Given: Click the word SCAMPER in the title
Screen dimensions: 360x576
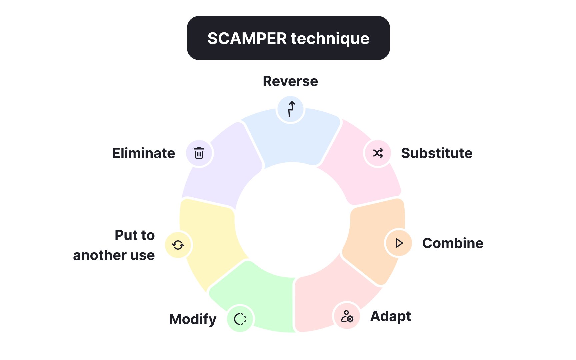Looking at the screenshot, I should pos(247,38).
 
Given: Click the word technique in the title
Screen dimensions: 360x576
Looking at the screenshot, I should pos(330,39).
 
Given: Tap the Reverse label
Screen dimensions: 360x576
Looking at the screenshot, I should pos(290,81).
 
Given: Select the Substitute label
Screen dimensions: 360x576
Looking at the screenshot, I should pos(437,153).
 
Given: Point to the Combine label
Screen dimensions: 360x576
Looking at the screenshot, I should pos(453,243).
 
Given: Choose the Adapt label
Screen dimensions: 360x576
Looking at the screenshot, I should pos(391,316).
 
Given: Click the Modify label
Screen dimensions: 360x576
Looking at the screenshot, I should pos(193,319).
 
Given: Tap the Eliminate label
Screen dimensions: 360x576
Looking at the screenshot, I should pos(143,153).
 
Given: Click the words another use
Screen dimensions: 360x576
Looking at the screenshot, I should pos(114,255).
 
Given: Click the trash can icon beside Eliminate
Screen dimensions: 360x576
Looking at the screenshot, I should pos(199,153).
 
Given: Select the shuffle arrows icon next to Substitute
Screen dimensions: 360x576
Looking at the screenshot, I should pos(378,153).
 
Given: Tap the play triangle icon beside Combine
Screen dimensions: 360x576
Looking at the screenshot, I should pos(399,243).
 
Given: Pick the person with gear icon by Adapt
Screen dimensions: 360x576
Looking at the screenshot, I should pos(347,316).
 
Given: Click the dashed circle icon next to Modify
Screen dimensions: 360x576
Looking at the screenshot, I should pos(240,319).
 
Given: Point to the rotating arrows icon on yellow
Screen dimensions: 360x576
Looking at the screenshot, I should pos(178,245).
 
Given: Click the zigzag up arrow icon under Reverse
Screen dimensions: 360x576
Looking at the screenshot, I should pos(291,109).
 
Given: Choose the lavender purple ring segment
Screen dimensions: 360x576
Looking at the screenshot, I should pos(227,167).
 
